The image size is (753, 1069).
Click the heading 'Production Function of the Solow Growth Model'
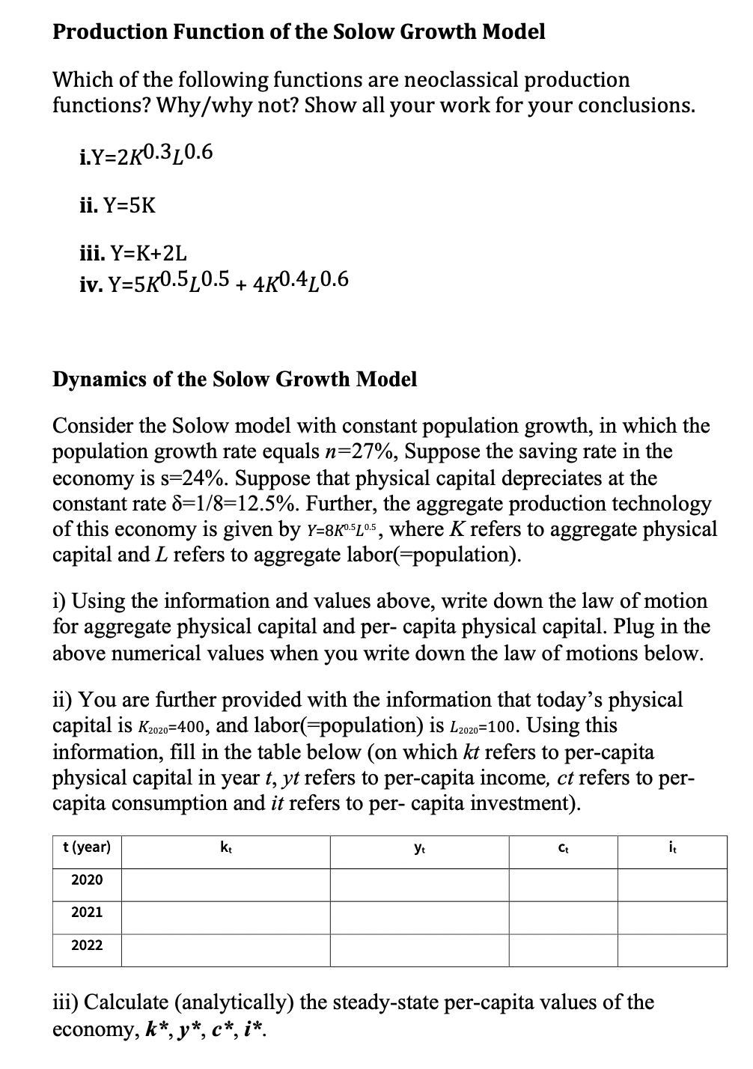[x=299, y=32]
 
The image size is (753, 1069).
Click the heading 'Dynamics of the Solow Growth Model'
[x=234, y=379]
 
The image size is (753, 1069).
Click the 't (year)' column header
[x=87, y=847]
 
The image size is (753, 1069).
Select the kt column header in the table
[x=225, y=847]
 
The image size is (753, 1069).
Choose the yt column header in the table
[x=420, y=847]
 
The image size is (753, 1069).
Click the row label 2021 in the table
[x=87, y=913]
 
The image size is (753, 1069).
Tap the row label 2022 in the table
[x=87, y=945]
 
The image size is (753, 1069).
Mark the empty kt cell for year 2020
[x=225, y=880]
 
